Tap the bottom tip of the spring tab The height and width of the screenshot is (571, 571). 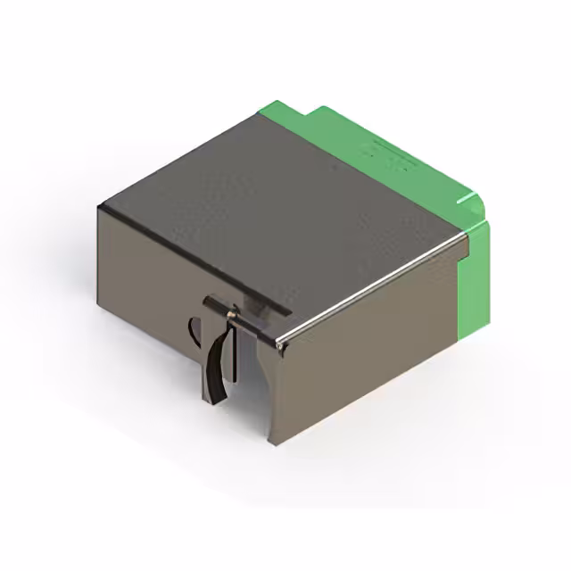click(x=214, y=400)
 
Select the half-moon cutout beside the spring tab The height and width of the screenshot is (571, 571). click(x=194, y=331)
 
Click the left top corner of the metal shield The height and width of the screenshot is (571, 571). click(x=101, y=208)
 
